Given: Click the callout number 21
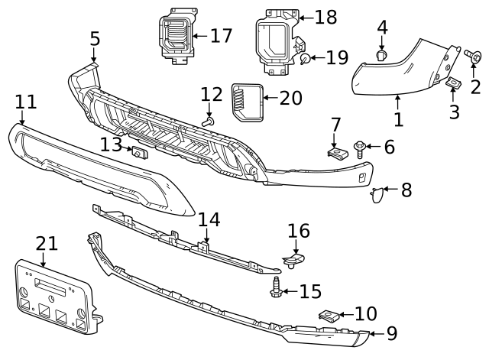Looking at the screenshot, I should [x=47, y=244].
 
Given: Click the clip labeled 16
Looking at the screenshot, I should [x=293, y=261].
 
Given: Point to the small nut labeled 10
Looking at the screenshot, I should [x=329, y=315].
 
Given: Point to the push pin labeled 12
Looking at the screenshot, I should [x=208, y=121].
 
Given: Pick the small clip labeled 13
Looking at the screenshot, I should [x=140, y=151].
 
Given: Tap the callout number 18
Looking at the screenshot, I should [x=325, y=17].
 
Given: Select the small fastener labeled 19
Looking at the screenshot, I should [x=305, y=58].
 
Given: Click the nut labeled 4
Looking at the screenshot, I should [x=382, y=55].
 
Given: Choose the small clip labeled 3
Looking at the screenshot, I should [x=452, y=84].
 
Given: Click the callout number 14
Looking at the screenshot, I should [x=209, y=220].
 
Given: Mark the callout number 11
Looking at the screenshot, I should [x=25, y=101].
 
